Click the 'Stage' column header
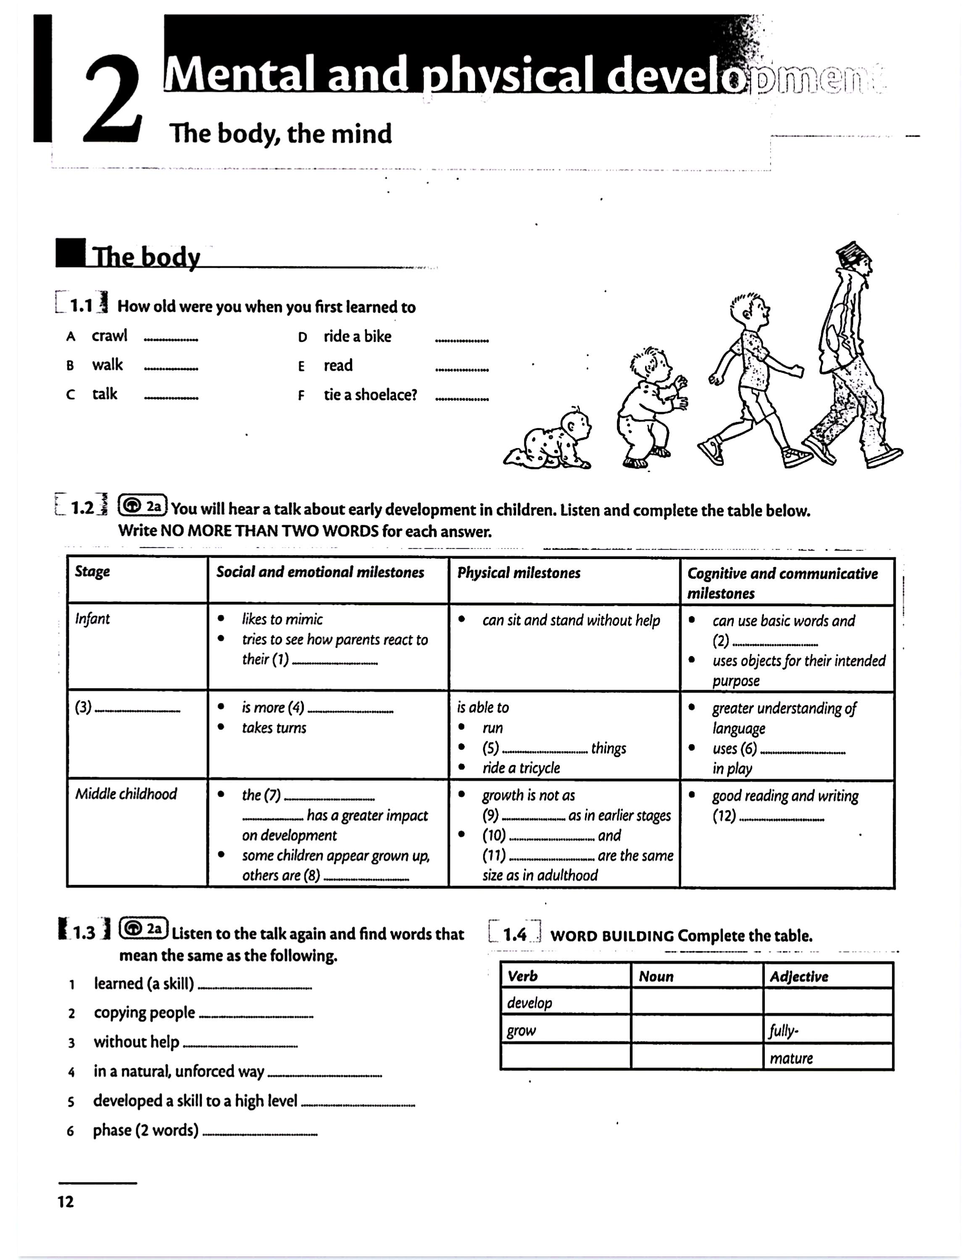92,572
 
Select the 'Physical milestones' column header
519,573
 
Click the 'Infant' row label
92,619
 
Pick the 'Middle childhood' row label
126,794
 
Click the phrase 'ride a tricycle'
521,768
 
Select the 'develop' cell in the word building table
530,1003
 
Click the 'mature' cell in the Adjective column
791,1058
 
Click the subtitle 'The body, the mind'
280,134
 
